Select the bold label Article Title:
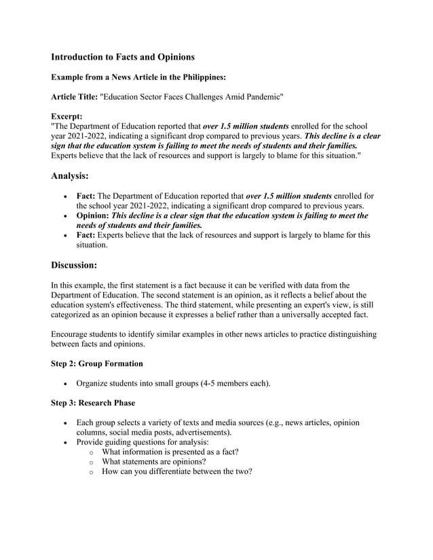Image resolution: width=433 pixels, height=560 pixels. tap(74, 98)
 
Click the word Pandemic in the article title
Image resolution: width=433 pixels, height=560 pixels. tap(260, 98)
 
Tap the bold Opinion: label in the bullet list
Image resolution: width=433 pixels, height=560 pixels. tap(93, 216)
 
